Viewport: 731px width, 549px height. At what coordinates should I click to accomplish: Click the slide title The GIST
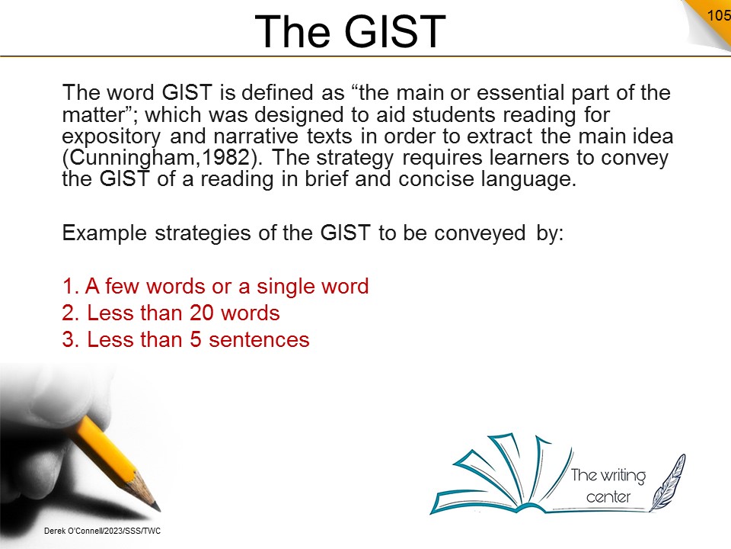(x=350, y=31)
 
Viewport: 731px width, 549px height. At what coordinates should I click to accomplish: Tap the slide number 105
(x=718, y=15)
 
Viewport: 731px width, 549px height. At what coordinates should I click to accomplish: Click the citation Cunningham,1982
(x=159, y=157)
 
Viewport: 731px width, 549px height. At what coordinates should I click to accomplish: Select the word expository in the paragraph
(x=111, y=136)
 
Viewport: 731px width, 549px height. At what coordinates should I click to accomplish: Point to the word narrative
(x=256, y=136)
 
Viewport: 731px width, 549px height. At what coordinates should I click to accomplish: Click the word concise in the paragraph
(x=436, y=179)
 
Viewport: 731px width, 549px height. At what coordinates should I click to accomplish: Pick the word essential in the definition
(x=520, y=92)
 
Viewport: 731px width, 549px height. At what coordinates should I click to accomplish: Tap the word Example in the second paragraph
(x=104, y=233)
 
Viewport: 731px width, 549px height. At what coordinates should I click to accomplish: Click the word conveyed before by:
(x=480, y=233)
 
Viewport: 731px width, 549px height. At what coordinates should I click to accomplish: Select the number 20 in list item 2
(x=201, y=313)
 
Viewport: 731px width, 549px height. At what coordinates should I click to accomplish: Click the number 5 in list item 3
(x=196, y=340)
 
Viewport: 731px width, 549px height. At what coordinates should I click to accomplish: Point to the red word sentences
(x=259, y=340)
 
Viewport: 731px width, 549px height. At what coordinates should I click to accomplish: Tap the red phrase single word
(x=312, y=286)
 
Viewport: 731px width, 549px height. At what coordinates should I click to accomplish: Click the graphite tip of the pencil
(x=157, y=507)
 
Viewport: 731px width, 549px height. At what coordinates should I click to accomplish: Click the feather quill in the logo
(x=668, y=483)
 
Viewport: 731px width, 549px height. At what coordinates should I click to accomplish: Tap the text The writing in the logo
(x=608, y=476)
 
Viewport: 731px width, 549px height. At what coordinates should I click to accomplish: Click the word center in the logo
(x=608, y=496)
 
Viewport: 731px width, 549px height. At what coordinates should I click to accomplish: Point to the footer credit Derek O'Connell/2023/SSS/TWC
(x=102, y=531)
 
